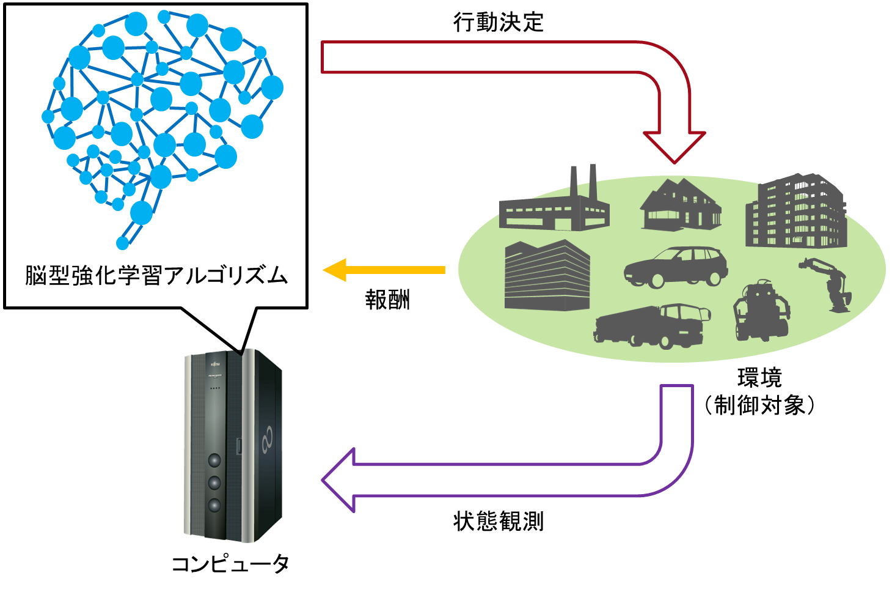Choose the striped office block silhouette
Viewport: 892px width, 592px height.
547,276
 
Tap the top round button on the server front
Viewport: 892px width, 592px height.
214,460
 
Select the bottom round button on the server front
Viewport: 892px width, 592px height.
214,505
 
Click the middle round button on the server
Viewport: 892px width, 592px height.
214,483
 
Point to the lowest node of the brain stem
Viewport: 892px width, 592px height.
122,243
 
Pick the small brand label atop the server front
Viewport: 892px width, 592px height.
214,364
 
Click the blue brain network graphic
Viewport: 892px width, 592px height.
162,110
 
